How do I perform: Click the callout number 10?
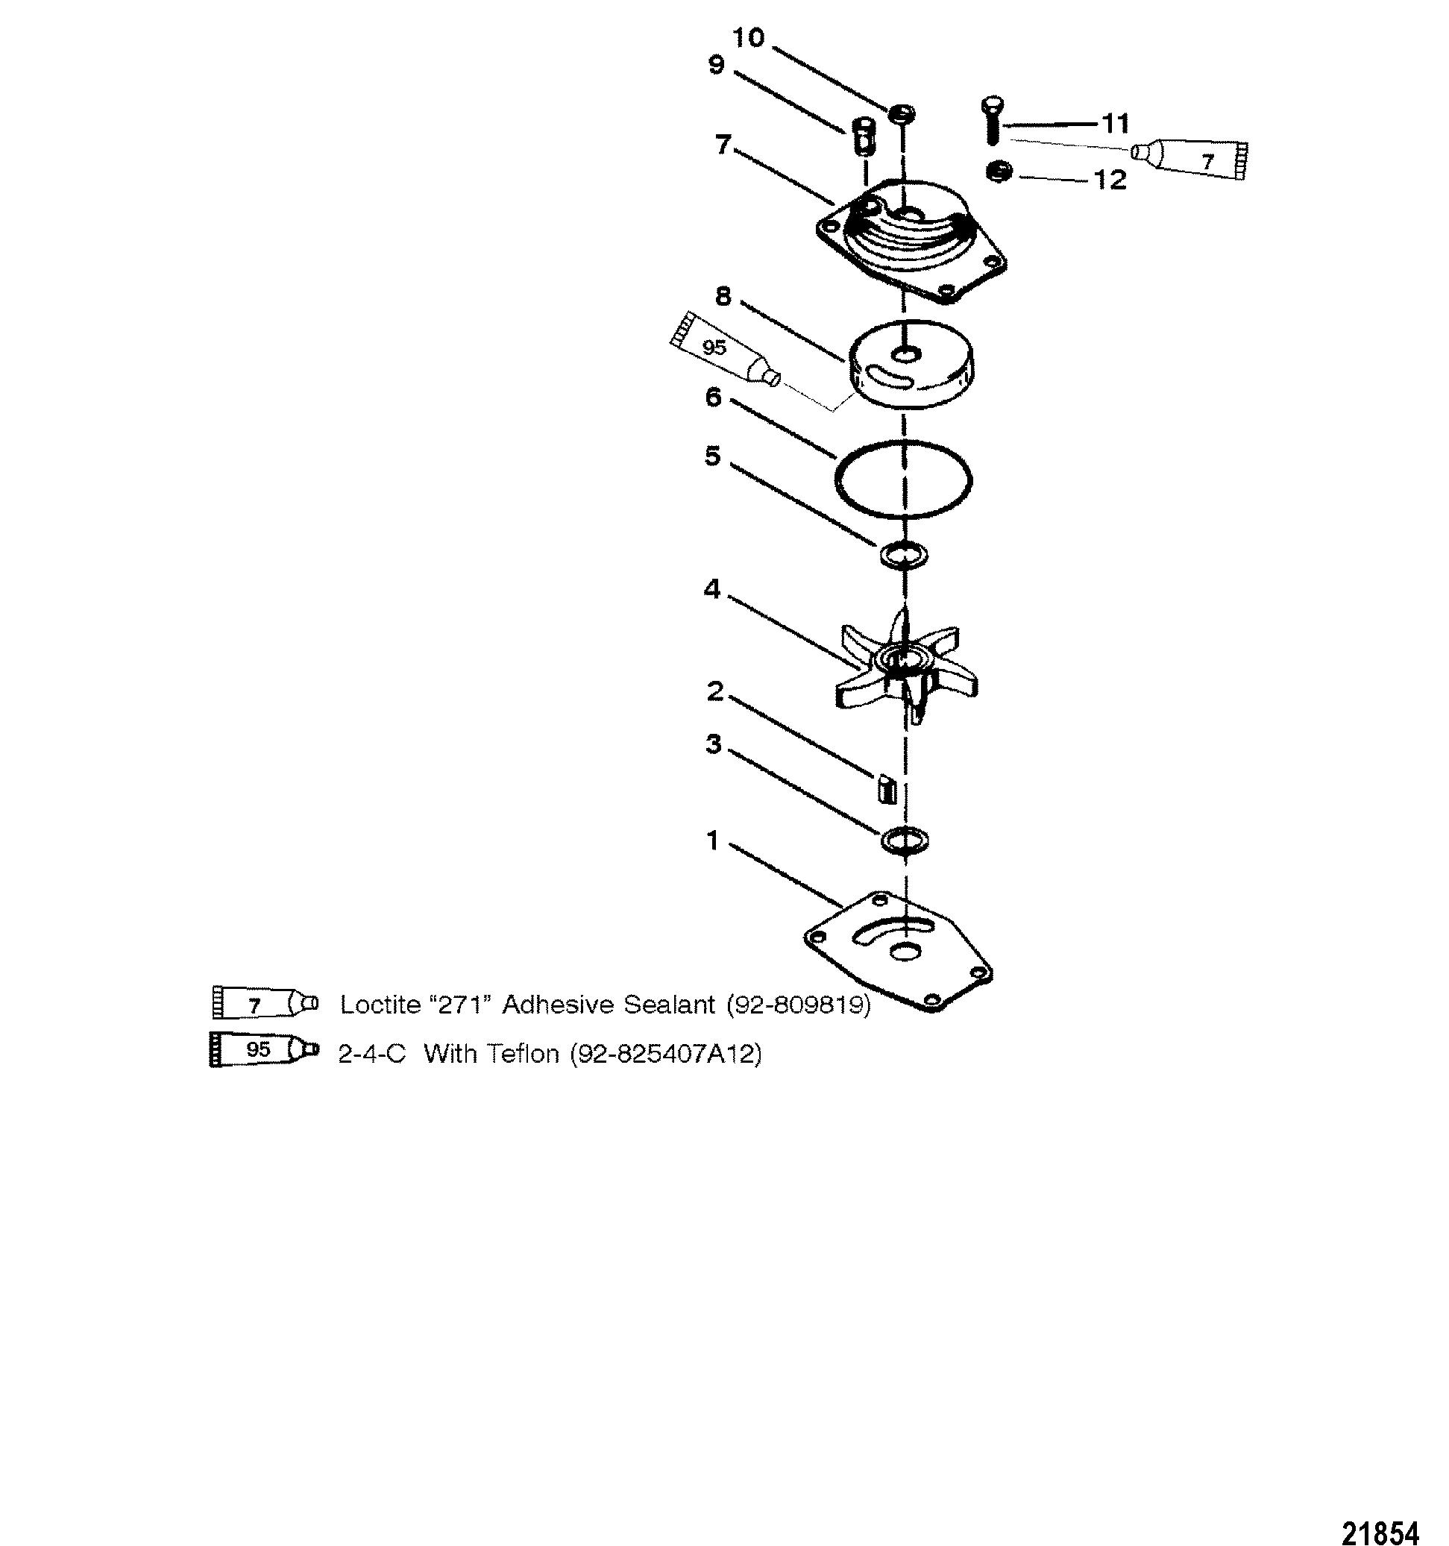pyautogui.click(x=749, y=37)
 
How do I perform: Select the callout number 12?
pyautogui.click(x=1110, y=180)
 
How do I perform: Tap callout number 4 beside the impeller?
pyautogui.click(x=711, y=589)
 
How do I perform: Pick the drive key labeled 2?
pyautogui.click(x=887, y=788)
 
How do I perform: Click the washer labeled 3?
pyautogui.click(x=905, y=840)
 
